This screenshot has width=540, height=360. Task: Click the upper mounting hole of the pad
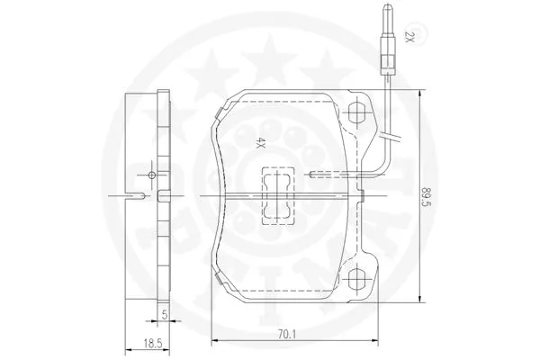click(x=356, y=113)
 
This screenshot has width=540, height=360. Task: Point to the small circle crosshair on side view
click(x=152, y=174)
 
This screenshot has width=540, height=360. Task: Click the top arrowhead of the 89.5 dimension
click(x=422, y=94)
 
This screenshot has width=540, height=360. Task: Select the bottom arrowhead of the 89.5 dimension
click(x=422, y=297)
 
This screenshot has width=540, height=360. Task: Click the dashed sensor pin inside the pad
click(x=333, y=173)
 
